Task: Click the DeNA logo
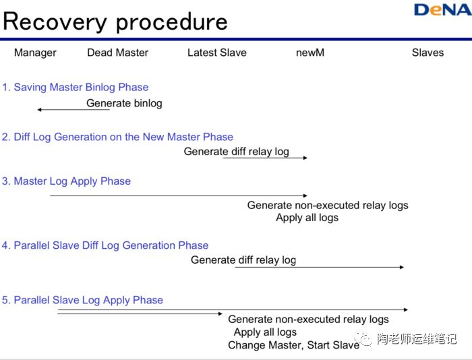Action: pos(440,9)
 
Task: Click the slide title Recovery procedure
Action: pos(115,22)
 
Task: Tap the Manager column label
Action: pos(35,53)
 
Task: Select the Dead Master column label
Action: pos(117,53)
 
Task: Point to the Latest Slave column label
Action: pos(216,53)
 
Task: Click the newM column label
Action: pos(310,53)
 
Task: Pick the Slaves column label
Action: pos(427,53)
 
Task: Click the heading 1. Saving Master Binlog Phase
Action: pos(75,87)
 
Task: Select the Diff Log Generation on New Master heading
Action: pos(117,137)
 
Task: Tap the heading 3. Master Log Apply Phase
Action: pos(66,181)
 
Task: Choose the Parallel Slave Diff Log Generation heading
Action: pos(105,245)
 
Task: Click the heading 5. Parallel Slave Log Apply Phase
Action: pos(82,300)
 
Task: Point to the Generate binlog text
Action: pos(124,103)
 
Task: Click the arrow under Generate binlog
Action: pos(73,109)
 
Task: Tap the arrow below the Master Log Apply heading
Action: pos(178,196)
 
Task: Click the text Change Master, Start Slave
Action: pos(293,345)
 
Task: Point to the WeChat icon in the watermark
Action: pos(365,338)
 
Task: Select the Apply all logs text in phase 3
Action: pos(307,217)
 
